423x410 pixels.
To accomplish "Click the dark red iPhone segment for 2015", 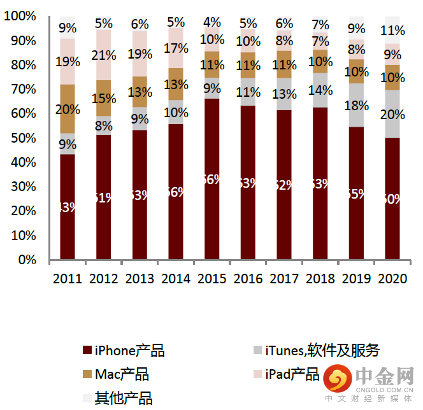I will [211, 179].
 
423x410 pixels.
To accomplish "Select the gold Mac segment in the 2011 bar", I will [68, 109].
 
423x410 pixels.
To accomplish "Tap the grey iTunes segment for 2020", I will [393, 114].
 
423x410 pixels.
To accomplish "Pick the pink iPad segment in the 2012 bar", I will [104, 55].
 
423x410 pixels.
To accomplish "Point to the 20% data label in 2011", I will [68, 109].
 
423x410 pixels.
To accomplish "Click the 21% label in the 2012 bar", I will [104, 55].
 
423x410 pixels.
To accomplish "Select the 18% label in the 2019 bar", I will [357, 105].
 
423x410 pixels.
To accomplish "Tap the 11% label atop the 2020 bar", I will [393, 30].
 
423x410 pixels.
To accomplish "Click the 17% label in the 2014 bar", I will [176, 48].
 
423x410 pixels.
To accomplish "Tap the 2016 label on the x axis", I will [248, 279].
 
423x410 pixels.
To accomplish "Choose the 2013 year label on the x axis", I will [140, 279].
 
